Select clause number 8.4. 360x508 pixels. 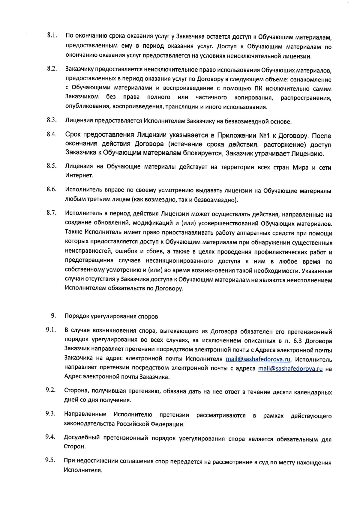pos(52,134)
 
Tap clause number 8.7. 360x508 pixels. pos(52,213)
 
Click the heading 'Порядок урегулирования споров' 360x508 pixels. pos(111,316)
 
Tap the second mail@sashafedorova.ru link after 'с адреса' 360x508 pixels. pos(290,369)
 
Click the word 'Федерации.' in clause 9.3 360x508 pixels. pos(168,424)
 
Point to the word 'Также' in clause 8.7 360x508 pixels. pos(73,233)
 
